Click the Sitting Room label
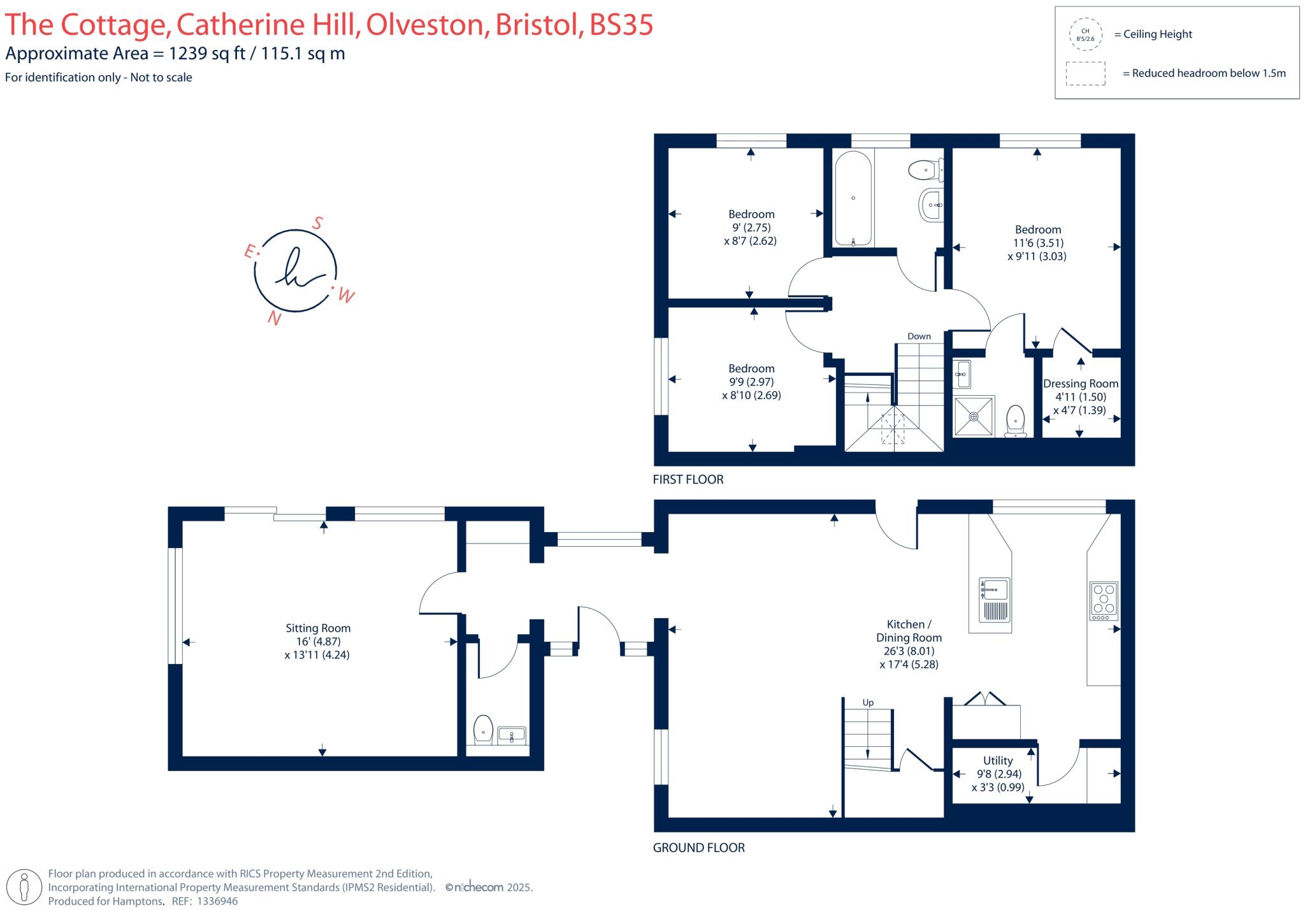point(318,628)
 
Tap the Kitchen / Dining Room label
point(909,631)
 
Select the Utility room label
point(998,760)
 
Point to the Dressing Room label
point(1081,384)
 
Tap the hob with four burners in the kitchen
point(1104,601)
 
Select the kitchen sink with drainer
point(995,600)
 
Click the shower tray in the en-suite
point(974,417)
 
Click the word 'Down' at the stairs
point(919,336)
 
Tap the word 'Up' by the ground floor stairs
point(868,702)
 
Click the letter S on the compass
point(317,223)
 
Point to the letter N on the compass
point(275,318)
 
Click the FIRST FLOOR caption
point(688,479)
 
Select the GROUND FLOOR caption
point(699,848)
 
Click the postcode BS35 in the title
point(621,25)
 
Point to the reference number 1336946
point(217,901)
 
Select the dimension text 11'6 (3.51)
point(1038,243)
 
